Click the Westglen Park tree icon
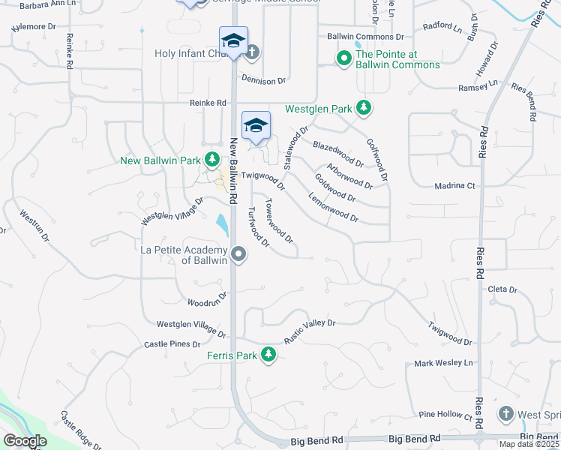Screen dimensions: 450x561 click(364, 109)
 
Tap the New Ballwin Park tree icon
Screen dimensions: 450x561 click(212, 160)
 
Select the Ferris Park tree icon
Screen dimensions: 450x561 click(268, 355)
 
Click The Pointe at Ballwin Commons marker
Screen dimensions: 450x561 click(344, 58)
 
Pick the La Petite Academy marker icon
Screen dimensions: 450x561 click(238, 254)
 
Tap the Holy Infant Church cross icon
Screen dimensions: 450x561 click(253, 52)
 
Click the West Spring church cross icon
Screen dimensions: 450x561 click(505, 414)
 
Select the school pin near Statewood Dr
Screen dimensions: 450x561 click(256, 125)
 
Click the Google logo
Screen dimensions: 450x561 click(25, 441)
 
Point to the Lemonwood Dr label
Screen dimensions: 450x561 click(334, 208)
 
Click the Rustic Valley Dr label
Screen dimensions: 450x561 click(310, 331)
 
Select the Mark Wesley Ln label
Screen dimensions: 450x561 click(445, 363)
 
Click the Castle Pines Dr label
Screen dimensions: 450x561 click(172, 344)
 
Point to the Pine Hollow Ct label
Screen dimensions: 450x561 click(445, 414)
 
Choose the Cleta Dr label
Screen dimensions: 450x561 click(502, 289)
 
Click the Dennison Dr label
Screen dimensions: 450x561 click(264, 79)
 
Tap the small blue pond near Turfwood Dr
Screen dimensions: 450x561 click(222, 223)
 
